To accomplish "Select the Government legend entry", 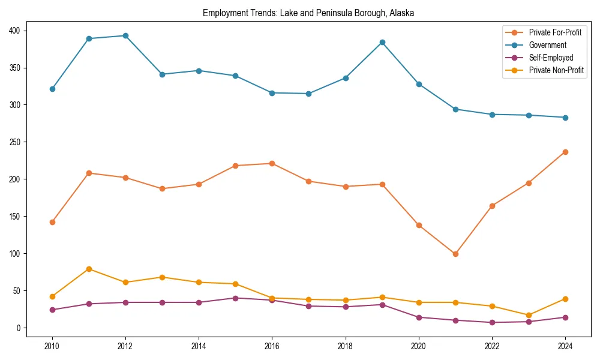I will tap(547, 45).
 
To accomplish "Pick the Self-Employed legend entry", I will tap(551, 58).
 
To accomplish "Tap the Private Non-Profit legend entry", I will tap(556, 70).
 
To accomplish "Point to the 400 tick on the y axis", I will tap(14, 31).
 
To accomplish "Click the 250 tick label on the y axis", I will tap(14, 142).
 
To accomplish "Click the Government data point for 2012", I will tap(125, 35).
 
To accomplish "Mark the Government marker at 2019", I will tap(382, 42).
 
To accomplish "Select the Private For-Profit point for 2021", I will tap(455, 254).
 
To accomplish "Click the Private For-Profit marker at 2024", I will tap(565, 152).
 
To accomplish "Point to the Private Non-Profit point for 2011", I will tap(89, 269).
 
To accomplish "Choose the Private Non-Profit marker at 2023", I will tap(529, 315).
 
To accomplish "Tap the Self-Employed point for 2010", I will tap(52, 310).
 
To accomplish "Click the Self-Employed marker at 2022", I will tap(492, 322).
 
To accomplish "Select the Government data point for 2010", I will tap(52, 89).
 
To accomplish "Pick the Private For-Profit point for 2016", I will tap(272, 163).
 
